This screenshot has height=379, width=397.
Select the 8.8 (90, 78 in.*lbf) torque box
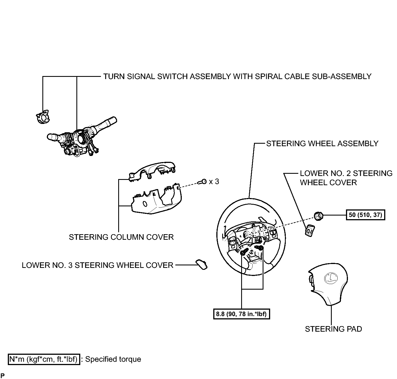point(241,314)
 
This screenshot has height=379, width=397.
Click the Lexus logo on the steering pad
point(331,278)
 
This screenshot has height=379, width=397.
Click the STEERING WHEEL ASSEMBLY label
point(322,144)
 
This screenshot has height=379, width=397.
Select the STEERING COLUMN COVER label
point(121,237)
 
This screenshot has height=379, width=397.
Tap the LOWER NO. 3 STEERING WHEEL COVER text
point(98,265)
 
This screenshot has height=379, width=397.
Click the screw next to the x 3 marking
point(202,182)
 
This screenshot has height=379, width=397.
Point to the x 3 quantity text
point(214,181)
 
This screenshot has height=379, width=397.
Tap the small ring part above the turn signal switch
point(43,117)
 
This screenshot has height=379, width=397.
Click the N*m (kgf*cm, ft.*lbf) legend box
point(44,359)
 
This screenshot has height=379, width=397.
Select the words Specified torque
point(113,359)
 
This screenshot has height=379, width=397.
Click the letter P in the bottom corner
point(3,375)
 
